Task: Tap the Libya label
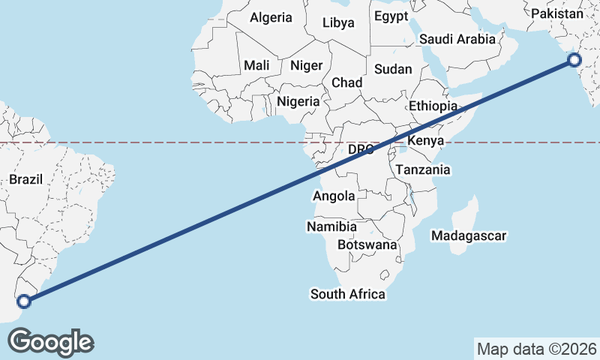(338, 22)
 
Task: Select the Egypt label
(391, 16)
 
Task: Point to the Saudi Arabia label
(457, 39)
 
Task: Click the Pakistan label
(556, 13)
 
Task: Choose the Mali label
(256, 65)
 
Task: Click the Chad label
(347, 82)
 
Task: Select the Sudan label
(393, 69)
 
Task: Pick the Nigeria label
(298, 101)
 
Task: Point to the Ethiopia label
(433, 106)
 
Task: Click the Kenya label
(426, 141)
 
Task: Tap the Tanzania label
(423, 170)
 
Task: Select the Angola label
(333, 196)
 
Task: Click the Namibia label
(331, 226)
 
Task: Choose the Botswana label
(367, 244)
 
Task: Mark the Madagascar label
(469, 236)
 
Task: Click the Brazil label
(26, 179)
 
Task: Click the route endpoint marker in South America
(24, 301)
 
